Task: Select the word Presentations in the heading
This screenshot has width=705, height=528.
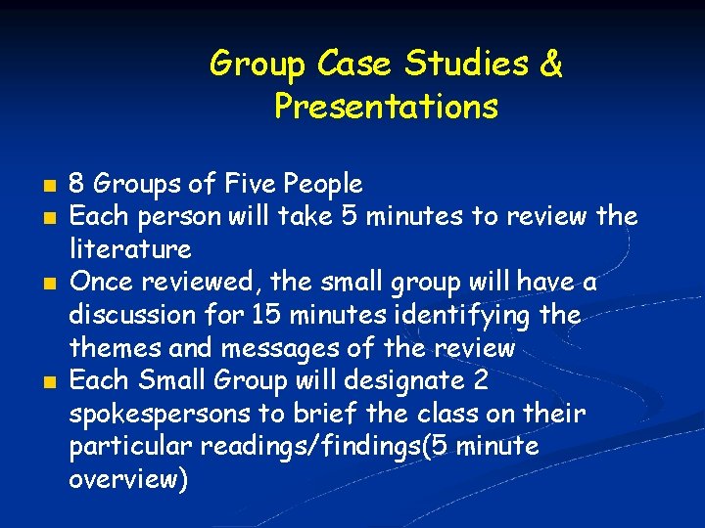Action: (387, 106)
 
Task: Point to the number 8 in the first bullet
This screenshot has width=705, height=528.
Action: (76, 184)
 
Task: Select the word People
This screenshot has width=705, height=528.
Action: (326, 184)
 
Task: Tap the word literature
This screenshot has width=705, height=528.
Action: (129, 249)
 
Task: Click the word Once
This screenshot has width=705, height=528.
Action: (101, 283)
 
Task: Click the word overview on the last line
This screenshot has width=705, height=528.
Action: (126, 480)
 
